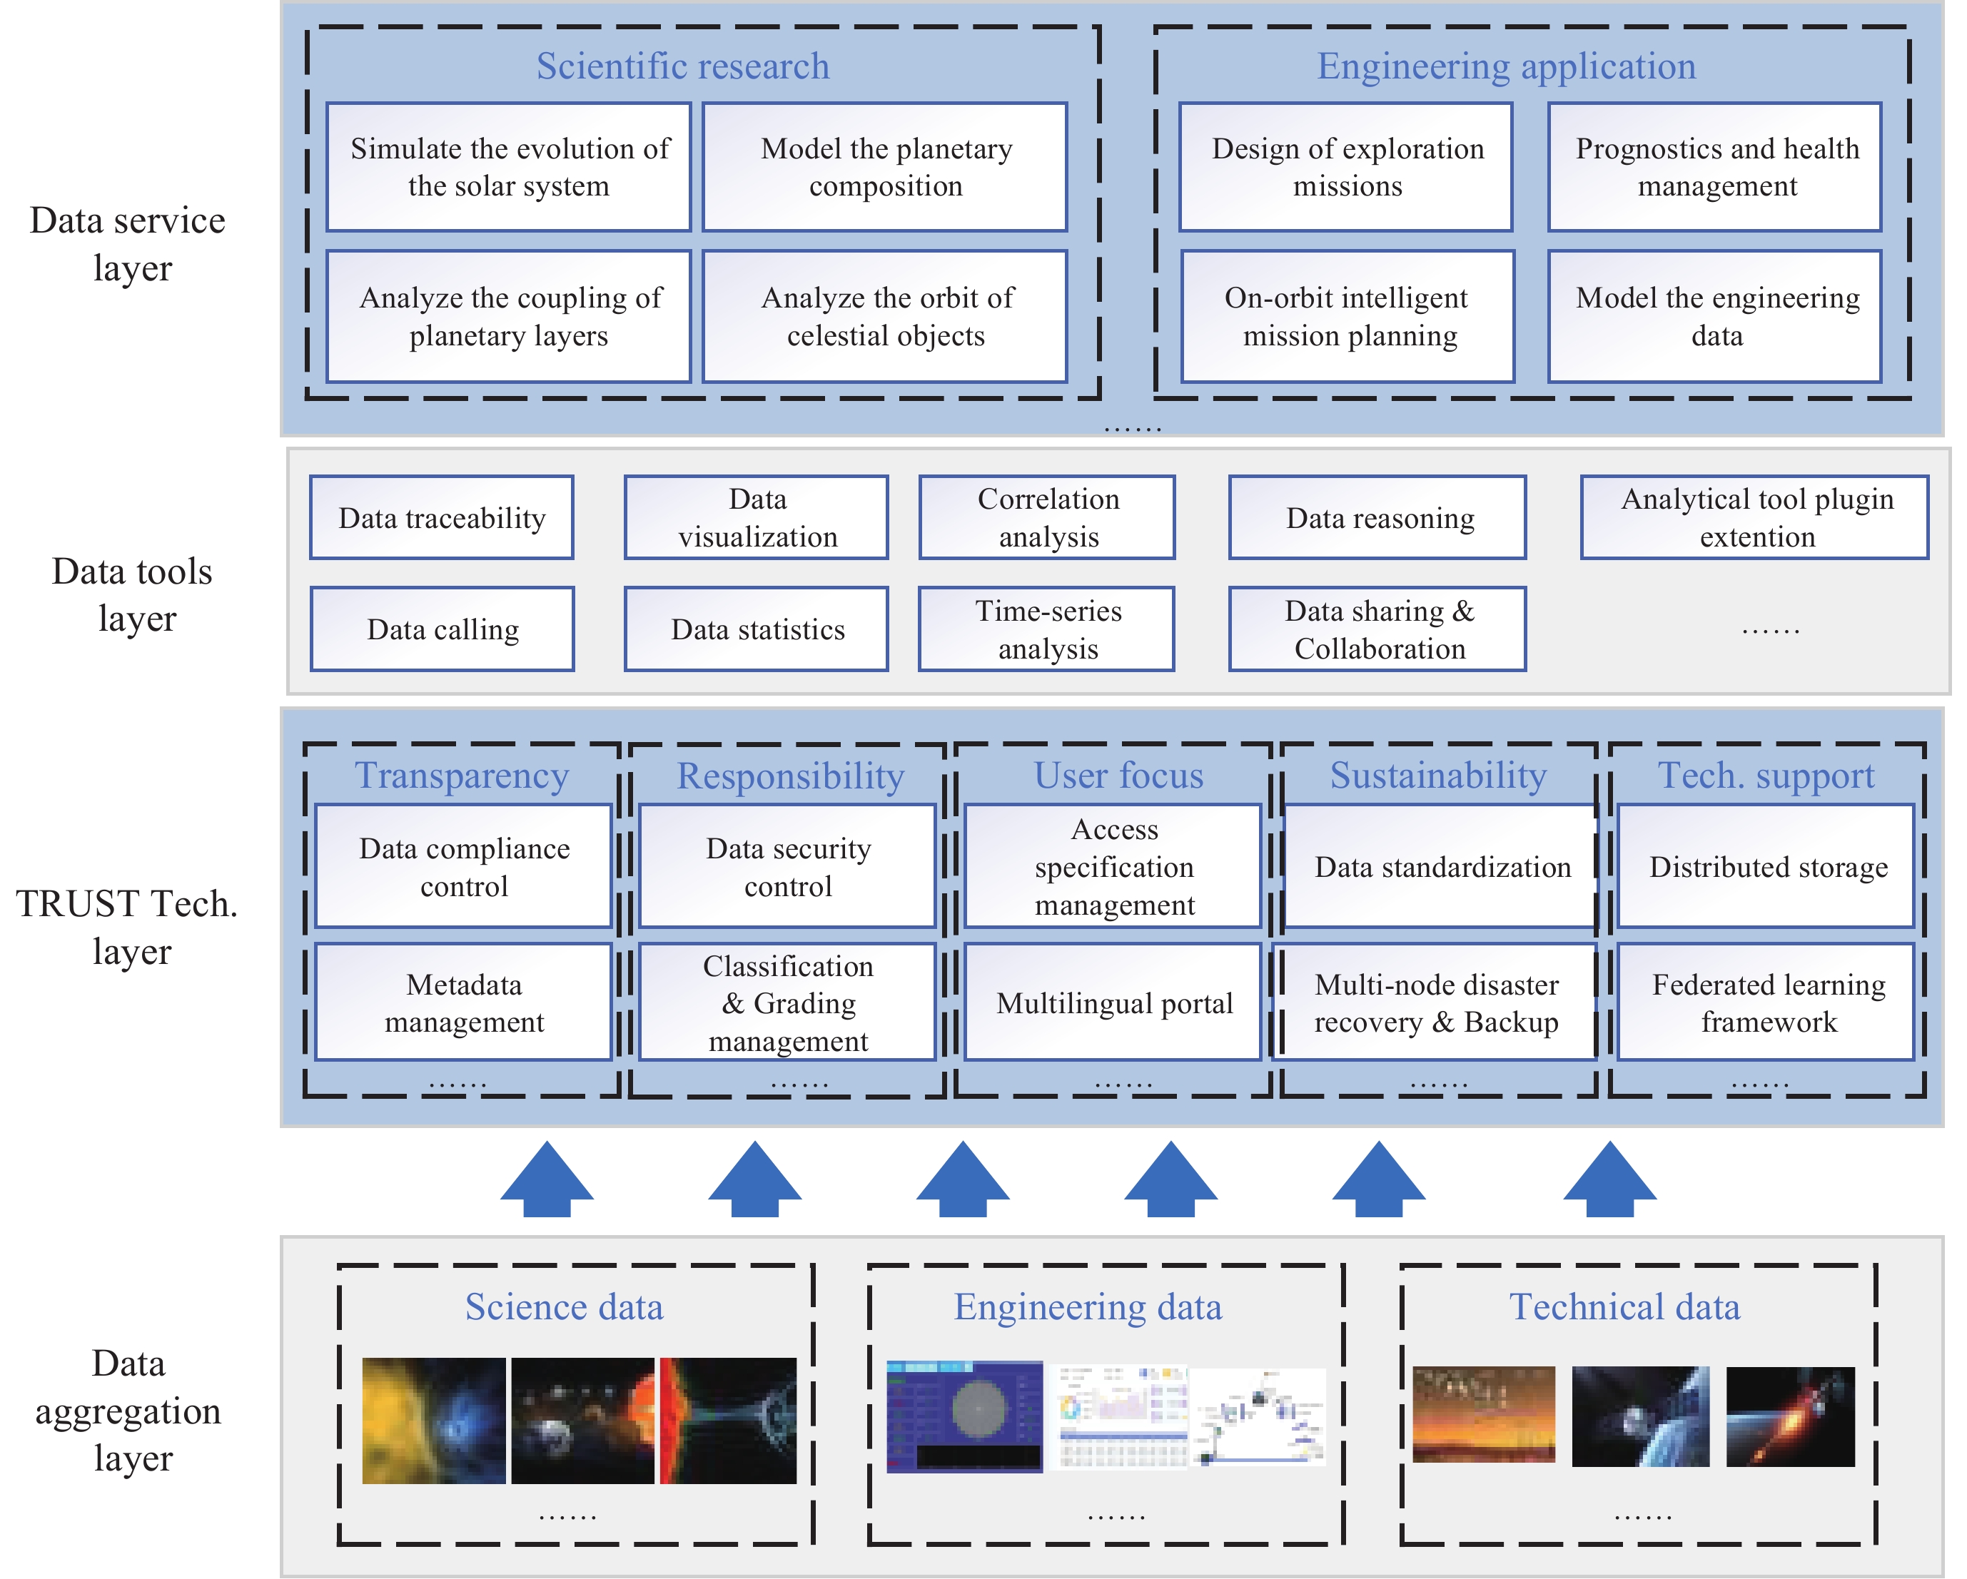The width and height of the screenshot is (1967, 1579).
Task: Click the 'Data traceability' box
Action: tap(442, 517)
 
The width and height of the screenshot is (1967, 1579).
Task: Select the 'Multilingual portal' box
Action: tap(1113, 1002)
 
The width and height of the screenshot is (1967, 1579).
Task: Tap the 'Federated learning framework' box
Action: tap(1766, 1002)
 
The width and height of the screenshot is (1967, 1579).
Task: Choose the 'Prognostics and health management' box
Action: tap(1715, 167)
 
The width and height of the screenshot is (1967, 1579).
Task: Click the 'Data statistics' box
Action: tap(757, 629)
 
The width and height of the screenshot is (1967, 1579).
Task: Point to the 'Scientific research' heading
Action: tap(682, 66)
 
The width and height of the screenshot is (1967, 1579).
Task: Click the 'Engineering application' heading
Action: tap(1505, 66)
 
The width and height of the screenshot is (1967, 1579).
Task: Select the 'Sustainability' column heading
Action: tap(1438, 776)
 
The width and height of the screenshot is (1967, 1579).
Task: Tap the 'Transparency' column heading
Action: tap(462, 776)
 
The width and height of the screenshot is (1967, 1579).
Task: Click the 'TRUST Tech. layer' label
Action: tap(128, 927)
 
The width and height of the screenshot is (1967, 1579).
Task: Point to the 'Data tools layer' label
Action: tap(133, 594)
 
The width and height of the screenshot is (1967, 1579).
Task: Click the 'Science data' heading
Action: tap(564, 1306)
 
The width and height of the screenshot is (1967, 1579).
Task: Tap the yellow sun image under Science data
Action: tap(433, 1421)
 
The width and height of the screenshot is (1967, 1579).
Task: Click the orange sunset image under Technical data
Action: tap(1484, 1414)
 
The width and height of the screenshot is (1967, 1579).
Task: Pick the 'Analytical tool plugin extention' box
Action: tap(1754, 517)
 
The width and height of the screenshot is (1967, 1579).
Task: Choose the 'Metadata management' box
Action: tap(463, 1002)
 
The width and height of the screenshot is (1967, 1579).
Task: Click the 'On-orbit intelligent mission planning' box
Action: tap(1347, 317)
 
